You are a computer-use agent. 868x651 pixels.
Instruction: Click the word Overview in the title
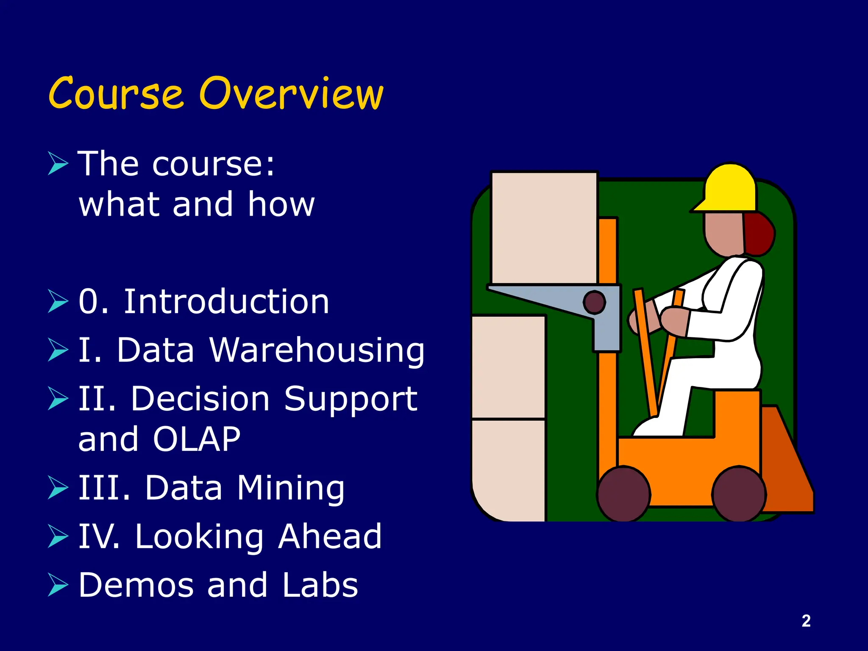click(291, 94)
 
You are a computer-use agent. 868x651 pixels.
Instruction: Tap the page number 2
click(806, 621)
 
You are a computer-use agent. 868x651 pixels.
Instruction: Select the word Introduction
click(226, 302)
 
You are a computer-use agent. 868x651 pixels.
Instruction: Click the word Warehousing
click(317, 351)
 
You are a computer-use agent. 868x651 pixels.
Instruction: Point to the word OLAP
click(197, 439)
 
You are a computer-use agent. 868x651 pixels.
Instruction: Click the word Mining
click(291, 488)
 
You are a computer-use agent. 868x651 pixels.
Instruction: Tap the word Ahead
click(330, 537)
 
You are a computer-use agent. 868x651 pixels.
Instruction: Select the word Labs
click(320, 585)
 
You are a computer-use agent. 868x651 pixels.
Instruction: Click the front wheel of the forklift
click(623, 494)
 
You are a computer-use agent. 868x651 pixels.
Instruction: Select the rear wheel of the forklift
click(739, 494)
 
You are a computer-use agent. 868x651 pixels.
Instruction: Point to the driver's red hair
click(759, 235)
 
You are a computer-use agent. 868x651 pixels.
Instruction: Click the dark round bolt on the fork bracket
click(594, 302)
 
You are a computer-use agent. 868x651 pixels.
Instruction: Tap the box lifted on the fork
click(544, 228)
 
